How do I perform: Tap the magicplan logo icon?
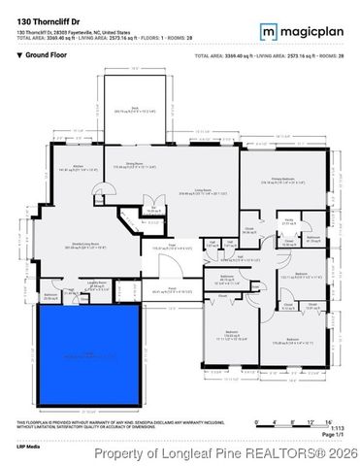point(268,31)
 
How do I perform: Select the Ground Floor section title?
point(46,55)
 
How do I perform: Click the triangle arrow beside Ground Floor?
point(19,55)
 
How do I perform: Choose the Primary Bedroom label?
point(281,180)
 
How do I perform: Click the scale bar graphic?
point(290,421)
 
